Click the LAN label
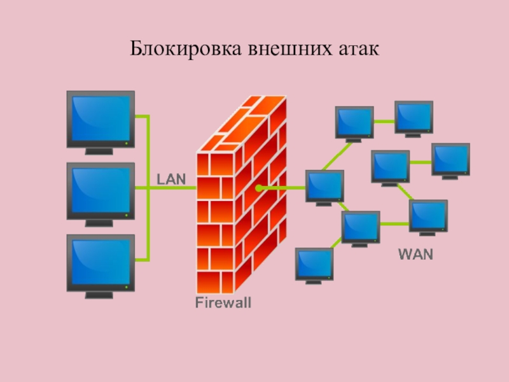click(x=171, y=180)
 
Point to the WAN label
click(x=415, y=255)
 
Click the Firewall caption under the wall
click(x=223, y=303)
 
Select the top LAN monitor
click(x=101, y=118)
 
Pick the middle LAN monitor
click(x=101, y=190)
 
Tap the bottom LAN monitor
click(x=101, y=262)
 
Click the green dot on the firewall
click(x=259, y=188)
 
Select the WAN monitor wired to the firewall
click(x=324, y=186)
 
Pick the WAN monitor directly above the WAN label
click(x=428, y=216)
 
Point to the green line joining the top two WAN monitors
click(x=384, y=120)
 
